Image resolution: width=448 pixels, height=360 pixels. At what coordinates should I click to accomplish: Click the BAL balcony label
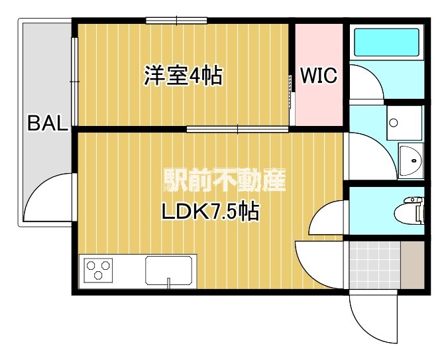(48, 123)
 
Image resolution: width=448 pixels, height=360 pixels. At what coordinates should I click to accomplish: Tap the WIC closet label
(319, 76)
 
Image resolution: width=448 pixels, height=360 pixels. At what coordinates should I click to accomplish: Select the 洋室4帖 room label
(183, 76)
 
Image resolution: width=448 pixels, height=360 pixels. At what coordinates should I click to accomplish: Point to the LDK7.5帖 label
(211, 211)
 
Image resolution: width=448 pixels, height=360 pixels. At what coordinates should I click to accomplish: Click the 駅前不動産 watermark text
(224, 180)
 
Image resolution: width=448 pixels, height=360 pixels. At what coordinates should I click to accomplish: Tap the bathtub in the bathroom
(386, 42)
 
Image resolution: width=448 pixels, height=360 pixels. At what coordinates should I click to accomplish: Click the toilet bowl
(409, 210)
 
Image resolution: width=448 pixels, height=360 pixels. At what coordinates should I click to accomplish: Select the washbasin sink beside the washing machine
(411, 160)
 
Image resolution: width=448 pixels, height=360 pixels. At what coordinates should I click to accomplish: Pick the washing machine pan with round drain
(404, 123)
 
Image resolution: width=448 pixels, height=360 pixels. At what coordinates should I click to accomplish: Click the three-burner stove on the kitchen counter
(98, 270)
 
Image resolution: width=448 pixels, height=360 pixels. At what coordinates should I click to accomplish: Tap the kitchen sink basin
(168, 270)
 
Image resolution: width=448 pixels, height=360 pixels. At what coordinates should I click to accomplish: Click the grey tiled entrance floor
(374, 265)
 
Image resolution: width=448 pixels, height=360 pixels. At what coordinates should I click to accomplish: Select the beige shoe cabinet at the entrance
(413, 265)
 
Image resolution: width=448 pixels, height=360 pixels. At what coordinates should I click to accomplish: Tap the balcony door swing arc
(35, 189)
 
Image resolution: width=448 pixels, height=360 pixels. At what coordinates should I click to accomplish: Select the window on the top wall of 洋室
(176, 21)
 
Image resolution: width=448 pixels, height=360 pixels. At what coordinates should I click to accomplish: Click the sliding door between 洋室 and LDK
(237, 129)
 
